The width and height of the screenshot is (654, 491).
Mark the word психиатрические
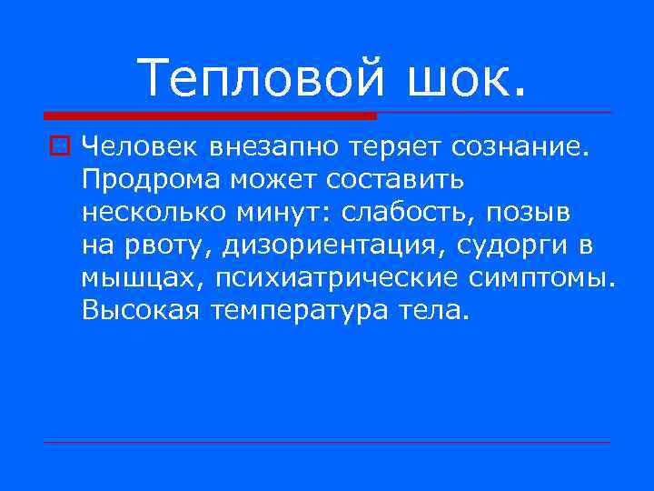(x=327, y=278)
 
